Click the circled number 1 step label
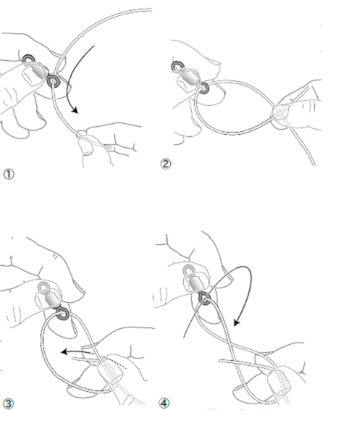click(x=9, y=174)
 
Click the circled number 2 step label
click(x=166, y=164)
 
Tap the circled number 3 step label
click(x=8, y=404)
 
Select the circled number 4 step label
click(x=164, y=404)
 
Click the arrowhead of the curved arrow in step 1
click(x=75, y=110)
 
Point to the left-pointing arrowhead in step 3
click(x=64, y=352)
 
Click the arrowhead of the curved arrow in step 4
click(x=237, y=322)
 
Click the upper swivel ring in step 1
click(x=29, y=59)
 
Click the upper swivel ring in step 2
click(x=177, y=67)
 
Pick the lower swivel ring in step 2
click(x=204, y=88)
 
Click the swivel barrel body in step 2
click(x=190, y=78)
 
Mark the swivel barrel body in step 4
click(x=196, y=284)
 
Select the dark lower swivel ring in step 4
click(x=205, y=298)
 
